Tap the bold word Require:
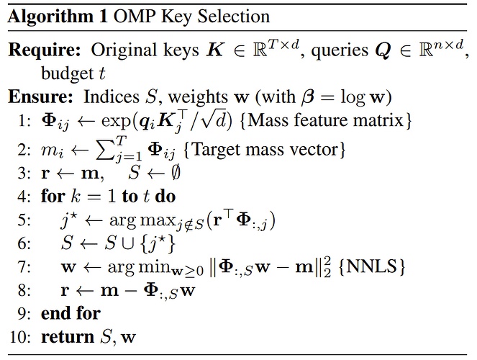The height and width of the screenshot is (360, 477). pyautogui.click(x=45, y=50)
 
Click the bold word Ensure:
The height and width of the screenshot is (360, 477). pyautogui.click(x=40, y=97)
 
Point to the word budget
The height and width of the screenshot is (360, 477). pyautogui.click(x=67, y=73)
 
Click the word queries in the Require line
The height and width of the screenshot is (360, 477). pyautogui.click(x=339, y=51)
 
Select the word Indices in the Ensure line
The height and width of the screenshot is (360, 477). pyautogui.click(x=112, y=97)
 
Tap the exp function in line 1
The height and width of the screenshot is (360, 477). pyautogui.click(x=116, y=122)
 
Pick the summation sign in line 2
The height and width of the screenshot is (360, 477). pyautogui.click(x=104, y=150)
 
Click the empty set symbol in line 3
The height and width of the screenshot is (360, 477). pyautogui.click(x=176, y=173)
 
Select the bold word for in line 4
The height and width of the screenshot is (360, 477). pyautogui.click(x=53, y=196)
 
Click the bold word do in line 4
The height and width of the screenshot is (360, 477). pyautogui.click(x=165, y=197)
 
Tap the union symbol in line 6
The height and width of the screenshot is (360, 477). pyautogui.click(x=128, y=244)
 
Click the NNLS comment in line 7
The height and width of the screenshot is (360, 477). pyautogui.click(x=371, y=267)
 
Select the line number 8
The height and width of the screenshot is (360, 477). pyautogui.click(x=24, y=290)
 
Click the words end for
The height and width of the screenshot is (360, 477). pyautogui.click(x=71, y=313)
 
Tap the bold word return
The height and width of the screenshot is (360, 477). pyautogui.click(x=68, y=337)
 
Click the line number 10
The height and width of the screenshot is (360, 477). pyautogui.click(x=20, y=337)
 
